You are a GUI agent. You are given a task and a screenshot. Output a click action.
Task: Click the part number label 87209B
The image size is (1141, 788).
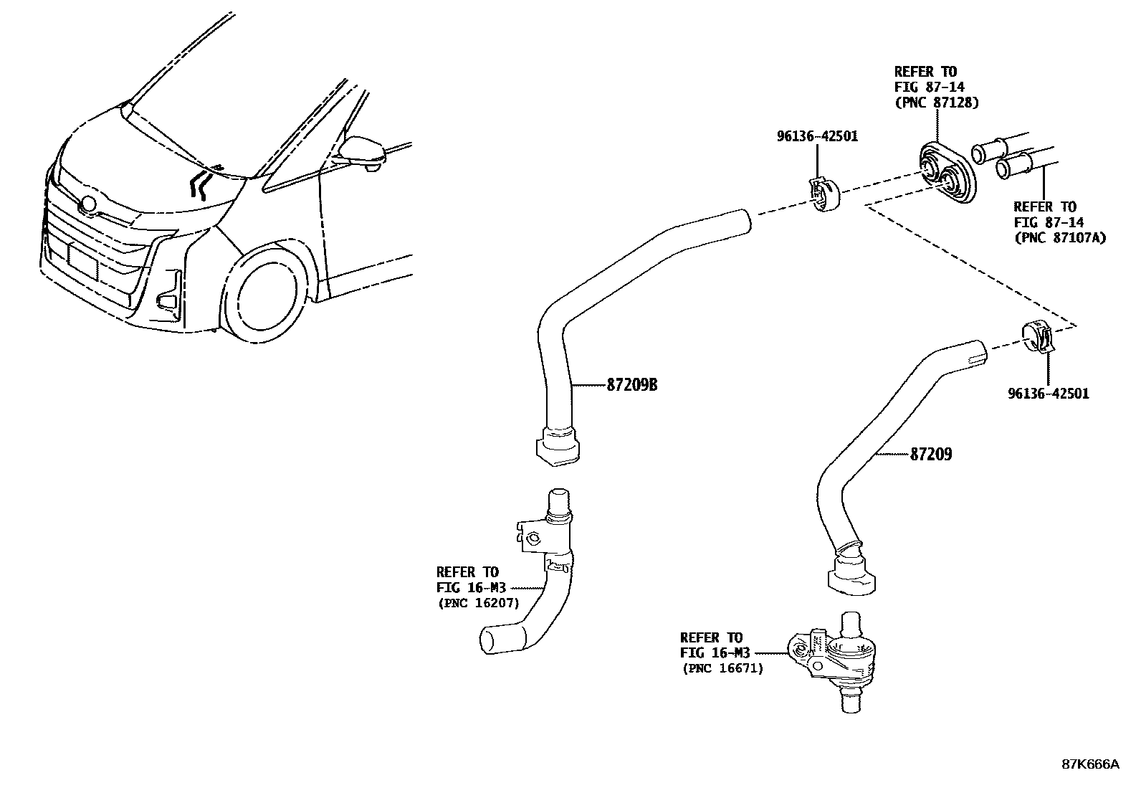click(x=632, y=386)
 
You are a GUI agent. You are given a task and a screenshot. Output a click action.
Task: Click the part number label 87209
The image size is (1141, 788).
click(x=931, y=454)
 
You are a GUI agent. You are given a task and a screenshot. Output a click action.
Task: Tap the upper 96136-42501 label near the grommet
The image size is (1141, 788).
click(x=817, y=136)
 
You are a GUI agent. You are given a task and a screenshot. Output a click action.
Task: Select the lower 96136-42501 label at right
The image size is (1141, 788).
click(x=1048, y=393)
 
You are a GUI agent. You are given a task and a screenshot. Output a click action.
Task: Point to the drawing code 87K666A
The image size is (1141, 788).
click(x=1090, y=764)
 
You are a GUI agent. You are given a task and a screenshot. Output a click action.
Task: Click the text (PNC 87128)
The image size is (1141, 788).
click(x=936, y=103)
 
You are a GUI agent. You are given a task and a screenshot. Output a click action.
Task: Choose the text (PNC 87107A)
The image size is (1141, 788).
click(x=1059, y=237)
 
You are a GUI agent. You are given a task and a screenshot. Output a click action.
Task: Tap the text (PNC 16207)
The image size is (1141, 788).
click(x=478, y=603)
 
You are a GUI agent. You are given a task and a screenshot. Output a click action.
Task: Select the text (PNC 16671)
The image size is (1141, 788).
click(x=722, y=668)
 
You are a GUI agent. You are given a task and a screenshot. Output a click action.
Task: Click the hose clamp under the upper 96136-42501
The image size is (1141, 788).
click(x=823, y=195)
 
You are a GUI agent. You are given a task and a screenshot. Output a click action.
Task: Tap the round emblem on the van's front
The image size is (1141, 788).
click(x=89, y=204)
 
